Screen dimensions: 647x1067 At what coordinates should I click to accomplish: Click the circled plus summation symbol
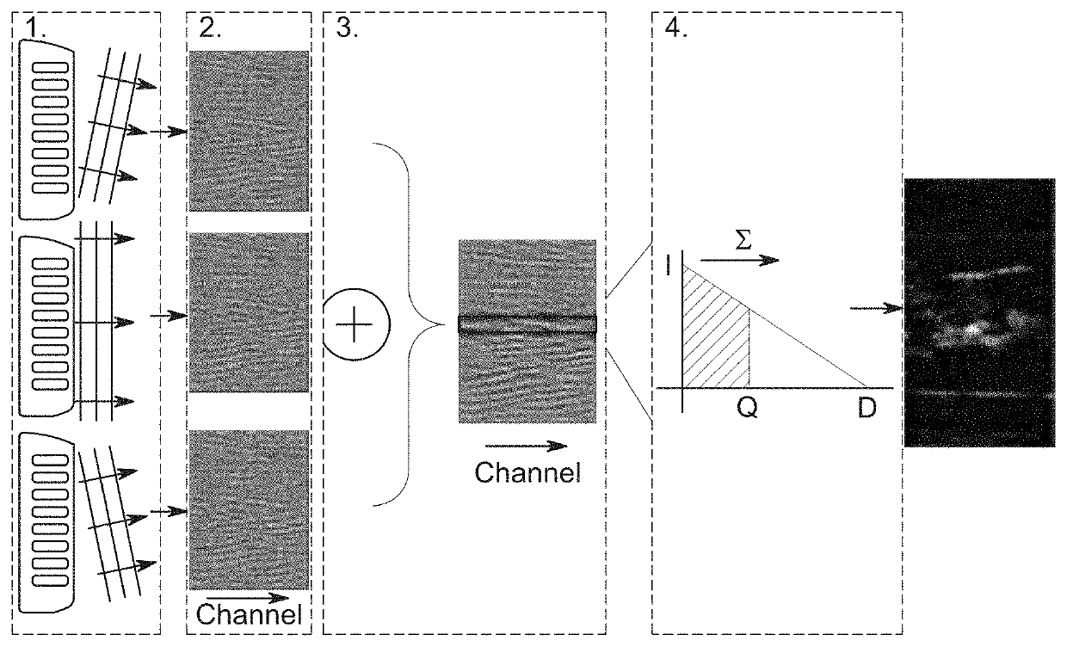(x=357, y=330)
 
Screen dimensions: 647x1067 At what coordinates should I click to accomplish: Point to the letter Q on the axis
(x=747, y=410)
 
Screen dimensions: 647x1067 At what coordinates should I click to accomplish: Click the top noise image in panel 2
(x=249, y=131)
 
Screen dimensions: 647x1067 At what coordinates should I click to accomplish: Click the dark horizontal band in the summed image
(x=527, y=323)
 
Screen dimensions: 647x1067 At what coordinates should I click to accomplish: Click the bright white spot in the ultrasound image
(x=972, y=328)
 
